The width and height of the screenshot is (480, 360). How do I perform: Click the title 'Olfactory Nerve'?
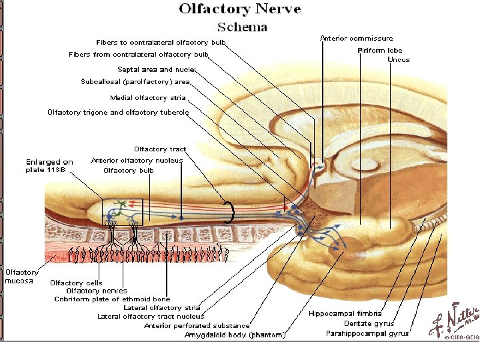pyautogui.click(x=239, y=9)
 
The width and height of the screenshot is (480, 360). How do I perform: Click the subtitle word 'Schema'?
pyautogui.click(x=243, y=27)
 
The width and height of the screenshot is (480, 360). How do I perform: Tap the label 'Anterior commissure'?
pyautogui.click(x=356, y=39)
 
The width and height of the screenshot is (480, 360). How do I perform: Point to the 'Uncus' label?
pyautogui.click(x=399, y=60)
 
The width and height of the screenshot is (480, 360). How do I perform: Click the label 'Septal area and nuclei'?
pyautogui.click(x=154, y=69)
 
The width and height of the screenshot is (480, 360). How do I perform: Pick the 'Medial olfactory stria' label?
pyautogui.click(x=148, y=98)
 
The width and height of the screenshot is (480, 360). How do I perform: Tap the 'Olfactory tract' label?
pyautogui.click(x=160, y=149)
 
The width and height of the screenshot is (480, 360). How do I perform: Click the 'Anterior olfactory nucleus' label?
pyautogui.click(x=137, y=161)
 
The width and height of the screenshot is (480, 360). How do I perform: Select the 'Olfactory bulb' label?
pyautogui.click(x=128, y=171)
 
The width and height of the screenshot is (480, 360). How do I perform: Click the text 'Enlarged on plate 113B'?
pyautogui.click(x=49, y=166)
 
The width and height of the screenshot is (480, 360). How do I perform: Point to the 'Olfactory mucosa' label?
pyautogui.click(x=22, y=277)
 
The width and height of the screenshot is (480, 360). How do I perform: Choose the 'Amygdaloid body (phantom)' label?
pyautogui.click(x=235, y=335)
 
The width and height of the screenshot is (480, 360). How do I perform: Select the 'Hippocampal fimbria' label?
pyautogui.click(x=345, y=313)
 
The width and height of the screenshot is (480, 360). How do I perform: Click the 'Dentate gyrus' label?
pyautogui.click(x=367, y=323)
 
